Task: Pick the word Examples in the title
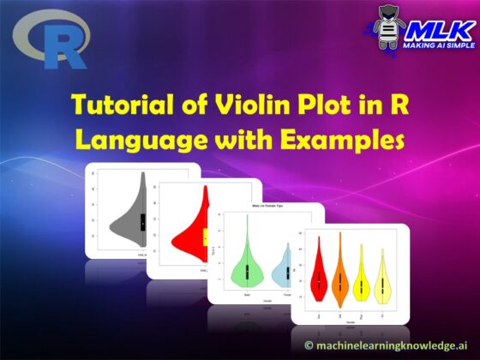(346, 139)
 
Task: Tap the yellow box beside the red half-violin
(206, 237)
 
